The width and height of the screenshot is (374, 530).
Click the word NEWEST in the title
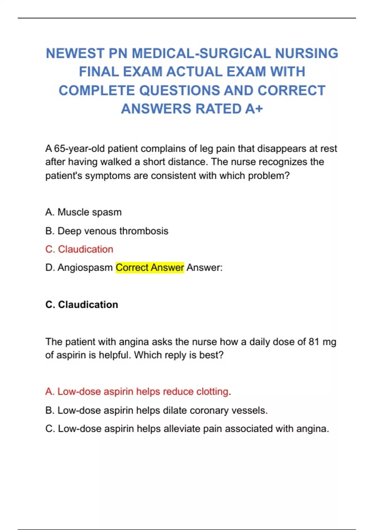tap(75, 53)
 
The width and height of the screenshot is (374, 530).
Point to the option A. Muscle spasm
tap(83, 212)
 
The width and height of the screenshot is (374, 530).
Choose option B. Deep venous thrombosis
tap(107, 231)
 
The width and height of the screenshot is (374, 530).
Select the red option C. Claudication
tap(79, 249)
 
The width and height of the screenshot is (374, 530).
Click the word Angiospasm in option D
tap(85, 267)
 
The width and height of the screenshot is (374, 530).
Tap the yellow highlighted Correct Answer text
tap(150, 267)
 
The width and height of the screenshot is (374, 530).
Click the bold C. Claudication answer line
tap(82, 304)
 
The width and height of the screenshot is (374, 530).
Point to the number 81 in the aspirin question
tap(314, 342)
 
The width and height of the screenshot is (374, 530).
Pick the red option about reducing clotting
tap(137, 391)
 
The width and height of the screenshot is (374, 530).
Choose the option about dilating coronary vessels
tap(156, 410)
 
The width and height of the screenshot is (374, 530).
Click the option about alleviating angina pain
tap(187, 429)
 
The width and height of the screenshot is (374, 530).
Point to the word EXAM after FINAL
tap(142, 72)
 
